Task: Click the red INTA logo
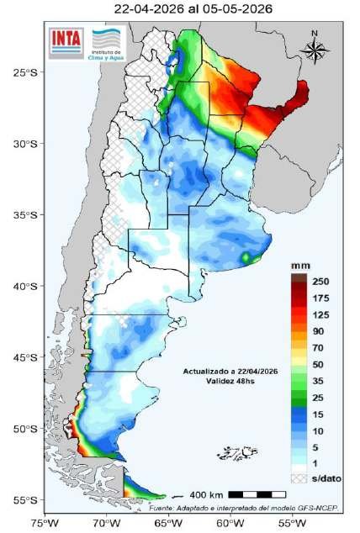coord(66,39)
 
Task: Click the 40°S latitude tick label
coord(25,287)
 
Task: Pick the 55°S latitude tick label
coord(25,500)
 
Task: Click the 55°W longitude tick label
coord(290,523)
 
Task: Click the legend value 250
coord(320,281)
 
